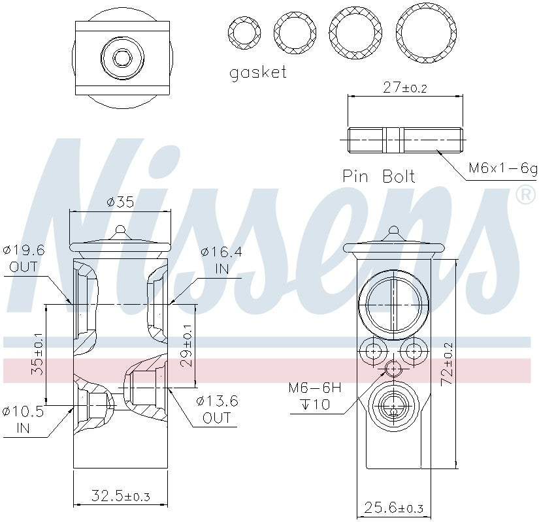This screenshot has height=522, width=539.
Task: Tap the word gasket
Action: [258, 72]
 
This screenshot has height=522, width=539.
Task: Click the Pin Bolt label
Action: [378, 176]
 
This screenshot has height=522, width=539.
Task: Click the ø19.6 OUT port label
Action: [24, 258]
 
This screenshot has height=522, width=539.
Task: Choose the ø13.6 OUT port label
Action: [217, 410]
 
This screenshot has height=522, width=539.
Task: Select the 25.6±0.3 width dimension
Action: [394, 507]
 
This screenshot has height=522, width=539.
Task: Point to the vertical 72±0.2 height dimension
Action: [448, 363]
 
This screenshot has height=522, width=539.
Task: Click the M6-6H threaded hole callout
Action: [315, 395]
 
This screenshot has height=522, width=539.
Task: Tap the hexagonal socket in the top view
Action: [122, 58]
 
